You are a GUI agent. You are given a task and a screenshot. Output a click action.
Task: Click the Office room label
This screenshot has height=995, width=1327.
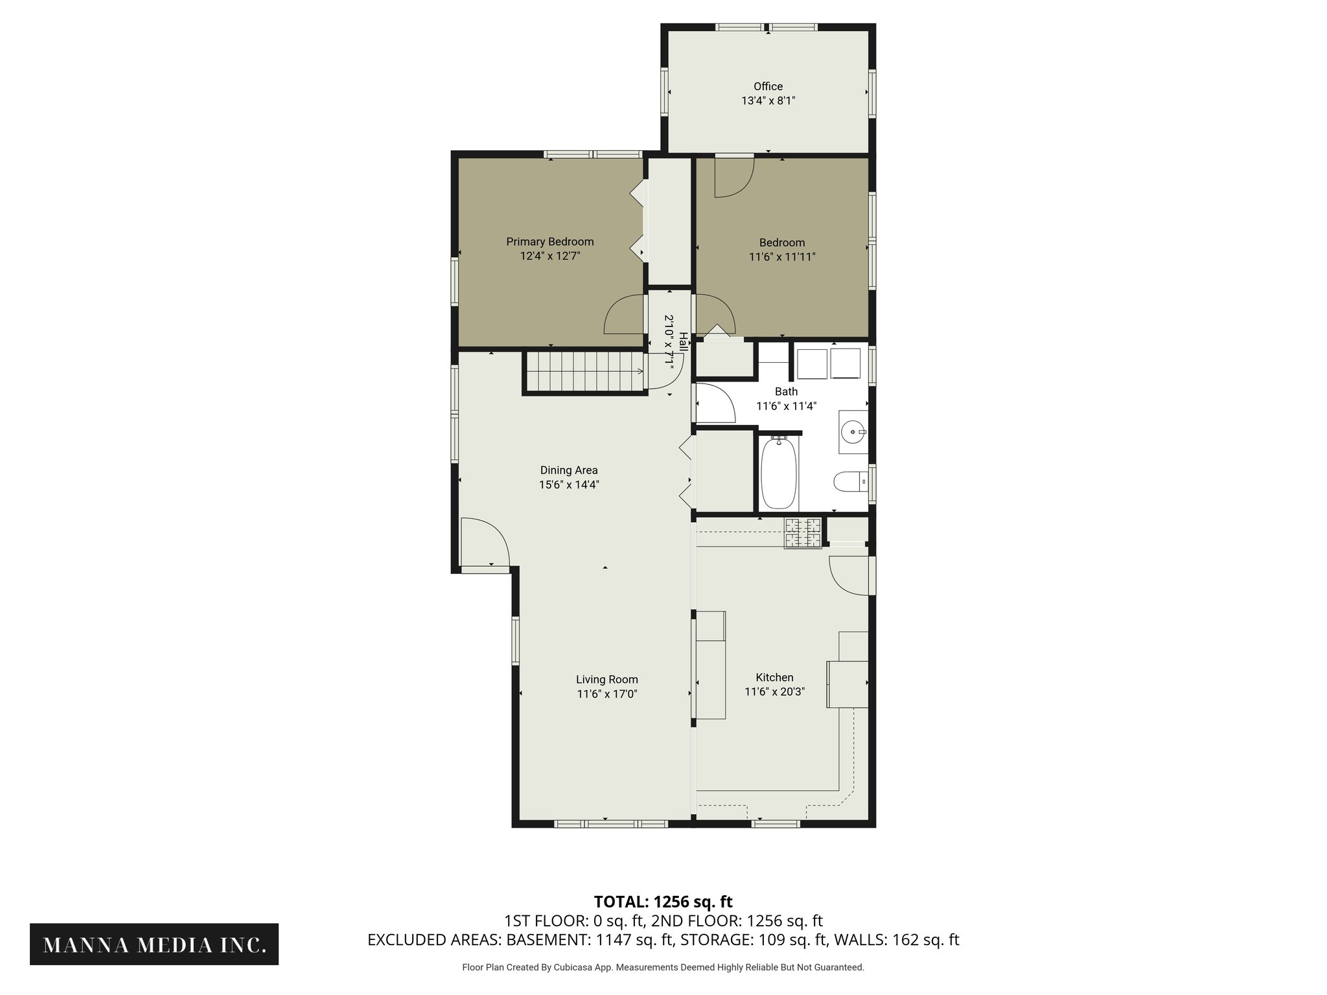(768, 86)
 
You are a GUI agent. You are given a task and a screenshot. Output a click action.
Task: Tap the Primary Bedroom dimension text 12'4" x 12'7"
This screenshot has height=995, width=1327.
(549, 256)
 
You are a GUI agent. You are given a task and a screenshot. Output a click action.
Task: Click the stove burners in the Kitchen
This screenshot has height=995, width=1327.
(803, 533)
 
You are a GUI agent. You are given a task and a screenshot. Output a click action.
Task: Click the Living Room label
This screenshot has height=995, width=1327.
(607, 680)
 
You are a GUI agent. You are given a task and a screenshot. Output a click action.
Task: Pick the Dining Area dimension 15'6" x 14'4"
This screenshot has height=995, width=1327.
(569, 485)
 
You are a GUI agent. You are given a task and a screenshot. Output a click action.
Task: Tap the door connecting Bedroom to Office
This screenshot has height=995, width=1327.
(734, 176)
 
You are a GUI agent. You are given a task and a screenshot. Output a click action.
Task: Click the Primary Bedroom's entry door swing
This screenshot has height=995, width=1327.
(625, 315)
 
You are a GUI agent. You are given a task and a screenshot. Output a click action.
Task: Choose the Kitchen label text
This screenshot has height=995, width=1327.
(774, 678)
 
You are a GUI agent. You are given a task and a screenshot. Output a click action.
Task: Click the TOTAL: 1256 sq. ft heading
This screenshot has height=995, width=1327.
(663, 902)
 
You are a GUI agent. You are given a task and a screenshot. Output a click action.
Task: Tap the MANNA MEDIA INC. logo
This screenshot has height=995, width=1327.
(154, 944)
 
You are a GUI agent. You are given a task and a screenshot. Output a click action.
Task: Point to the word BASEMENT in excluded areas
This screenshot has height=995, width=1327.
(546, 940)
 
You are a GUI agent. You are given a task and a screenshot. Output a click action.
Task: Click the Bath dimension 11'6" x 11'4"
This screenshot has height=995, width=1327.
(786, 406)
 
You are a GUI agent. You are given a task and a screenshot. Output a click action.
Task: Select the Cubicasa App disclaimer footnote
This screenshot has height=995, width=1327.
(663, 967)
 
